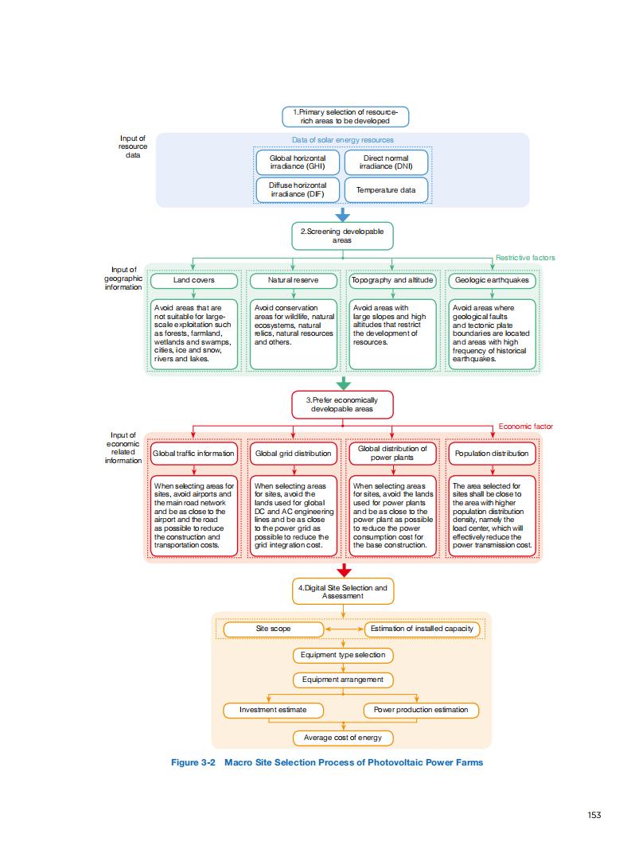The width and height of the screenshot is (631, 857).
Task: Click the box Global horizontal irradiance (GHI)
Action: pyautogui.click(x=298, y=162)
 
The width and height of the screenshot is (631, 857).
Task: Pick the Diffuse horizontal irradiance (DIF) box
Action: pyautogui.click(x=298, y=190)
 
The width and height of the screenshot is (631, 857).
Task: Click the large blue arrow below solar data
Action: pyautogui.click(x=343, y=215)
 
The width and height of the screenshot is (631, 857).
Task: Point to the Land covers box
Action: pyautogui.click(x=194, y=280)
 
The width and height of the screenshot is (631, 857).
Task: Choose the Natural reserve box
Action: pyautogui.click(x=293, y=280)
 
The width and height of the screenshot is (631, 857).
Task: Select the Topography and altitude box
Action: pyautogui.click(x=392, y=280)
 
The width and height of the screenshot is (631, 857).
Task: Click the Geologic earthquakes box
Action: pyautogui.click(x=492, y=280)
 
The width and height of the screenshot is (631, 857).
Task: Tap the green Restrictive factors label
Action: pyautogui.click(x=525, y=258)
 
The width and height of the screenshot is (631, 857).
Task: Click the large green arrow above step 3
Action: pyautogui.click(x=343, y=383)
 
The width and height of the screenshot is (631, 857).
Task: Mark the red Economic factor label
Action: pyautogui.click(x=525, y=427)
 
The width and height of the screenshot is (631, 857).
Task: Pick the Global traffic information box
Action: pyautogui.click(x=194, y=454)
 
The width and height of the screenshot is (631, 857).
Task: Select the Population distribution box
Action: pyautogui.click(x=492, y=454)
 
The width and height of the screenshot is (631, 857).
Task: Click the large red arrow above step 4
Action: pyautogui.click(x=343, y=570)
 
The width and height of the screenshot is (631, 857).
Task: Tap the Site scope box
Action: pyautogui.click(x=273, y=629)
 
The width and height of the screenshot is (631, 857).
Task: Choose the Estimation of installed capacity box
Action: pyautogui.click(x=423, y=629)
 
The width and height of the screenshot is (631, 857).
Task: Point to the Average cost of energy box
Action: pyautogui.click(x=343, y=738)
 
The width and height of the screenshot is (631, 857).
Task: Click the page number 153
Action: pyautogui.click(x=594, y=814)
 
